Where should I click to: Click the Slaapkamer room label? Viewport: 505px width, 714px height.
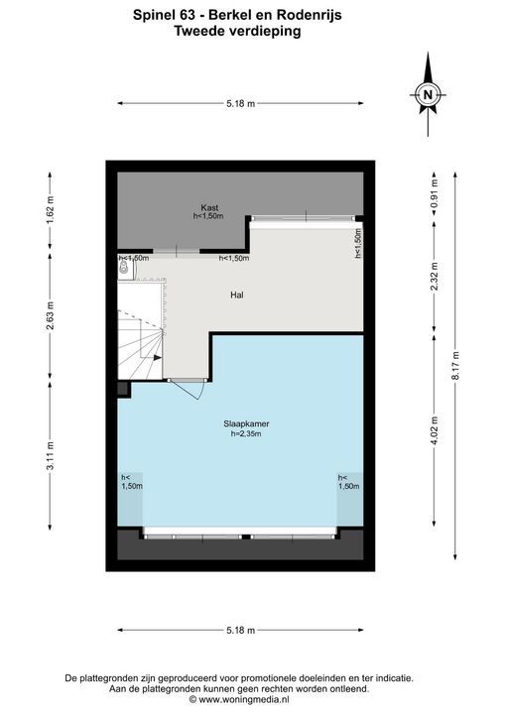246,423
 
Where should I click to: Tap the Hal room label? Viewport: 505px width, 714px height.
237,296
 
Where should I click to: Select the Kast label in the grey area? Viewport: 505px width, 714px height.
209,207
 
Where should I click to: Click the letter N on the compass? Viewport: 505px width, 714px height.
428,95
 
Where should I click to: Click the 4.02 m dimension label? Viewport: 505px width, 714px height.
434,430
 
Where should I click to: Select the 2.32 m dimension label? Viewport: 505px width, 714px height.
434,277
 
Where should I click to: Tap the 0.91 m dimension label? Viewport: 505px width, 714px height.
434,193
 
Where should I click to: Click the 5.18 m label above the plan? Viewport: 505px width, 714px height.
241,104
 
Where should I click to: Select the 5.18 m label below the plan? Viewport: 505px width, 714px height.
241,631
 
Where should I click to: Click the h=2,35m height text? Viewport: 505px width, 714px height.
246,434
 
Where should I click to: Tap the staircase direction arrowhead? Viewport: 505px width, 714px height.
158,358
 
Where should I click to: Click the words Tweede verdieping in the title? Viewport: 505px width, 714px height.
237,31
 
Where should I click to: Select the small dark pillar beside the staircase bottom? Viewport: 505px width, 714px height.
124,390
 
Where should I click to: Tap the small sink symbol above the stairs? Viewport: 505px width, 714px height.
123,268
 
